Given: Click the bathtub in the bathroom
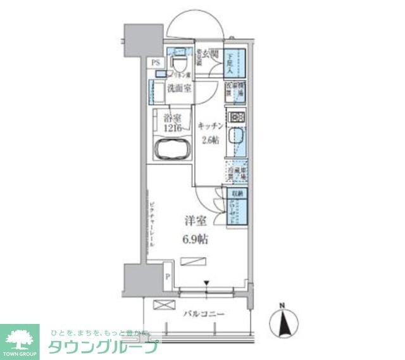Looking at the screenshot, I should (171, 151).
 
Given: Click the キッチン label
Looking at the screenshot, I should (210, 125).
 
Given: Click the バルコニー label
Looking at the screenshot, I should (205, 314).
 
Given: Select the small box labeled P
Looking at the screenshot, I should (168, 276).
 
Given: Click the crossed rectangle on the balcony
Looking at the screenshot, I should (163, 304).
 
